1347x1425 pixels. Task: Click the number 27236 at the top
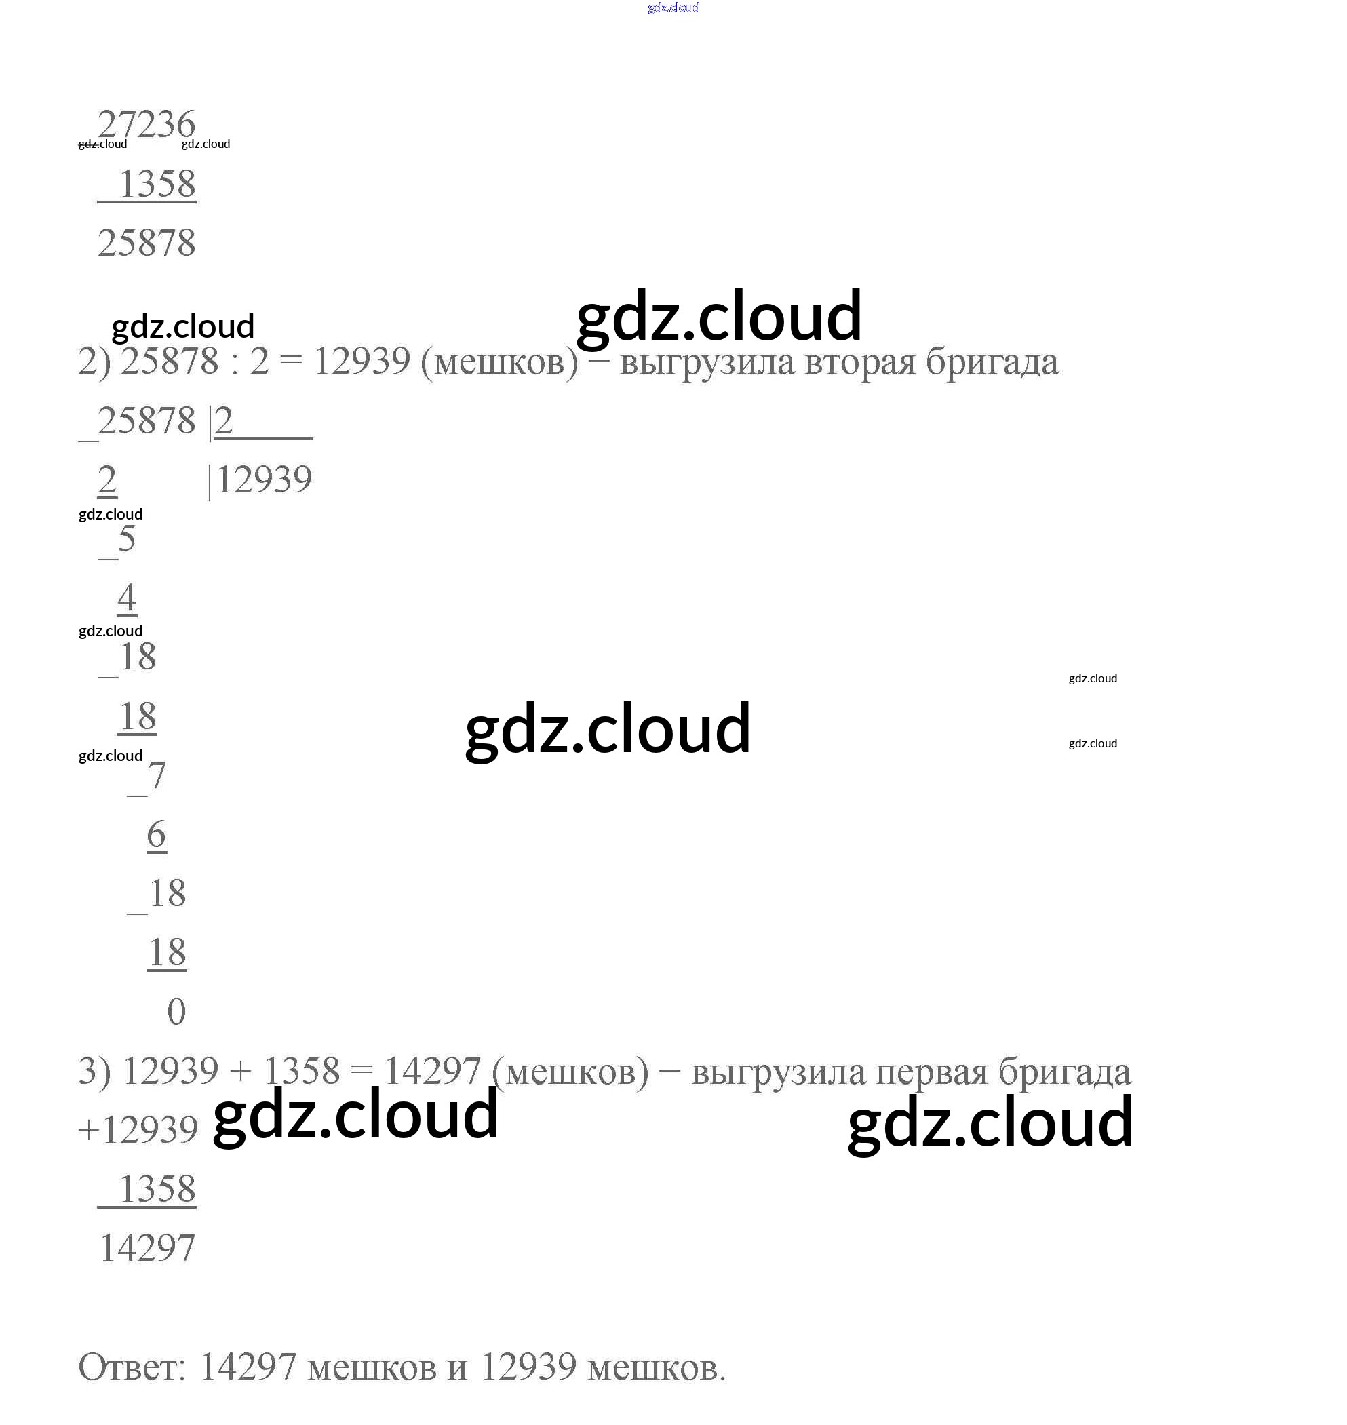(x=146, y=124)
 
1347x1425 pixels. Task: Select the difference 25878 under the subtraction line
(x=147, y=243)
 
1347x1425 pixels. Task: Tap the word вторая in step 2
(x=859, y=361)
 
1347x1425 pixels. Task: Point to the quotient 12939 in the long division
(x=264, y=480)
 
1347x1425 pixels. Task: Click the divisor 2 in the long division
(x=224, y=421)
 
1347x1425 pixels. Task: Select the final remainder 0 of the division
(x=176, y=1011)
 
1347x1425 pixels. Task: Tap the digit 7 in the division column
(x=156, y=775)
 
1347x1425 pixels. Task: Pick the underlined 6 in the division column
(x=157, y=834)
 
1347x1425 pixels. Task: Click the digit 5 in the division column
(x=126, y=539)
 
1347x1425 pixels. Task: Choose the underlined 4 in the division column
(x=126, y=598)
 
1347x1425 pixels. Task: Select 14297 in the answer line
(x=248, y=1367)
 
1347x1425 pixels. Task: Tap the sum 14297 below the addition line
(x=147, y=1248)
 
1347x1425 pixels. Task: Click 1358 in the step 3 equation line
(x=302, y=1072)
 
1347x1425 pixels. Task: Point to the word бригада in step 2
(x=992, y=361)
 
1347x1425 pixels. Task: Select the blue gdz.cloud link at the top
(x=673, y=7)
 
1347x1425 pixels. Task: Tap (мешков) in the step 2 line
(x=499, y=361)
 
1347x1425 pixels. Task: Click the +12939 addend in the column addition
(x=138, y=1130)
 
